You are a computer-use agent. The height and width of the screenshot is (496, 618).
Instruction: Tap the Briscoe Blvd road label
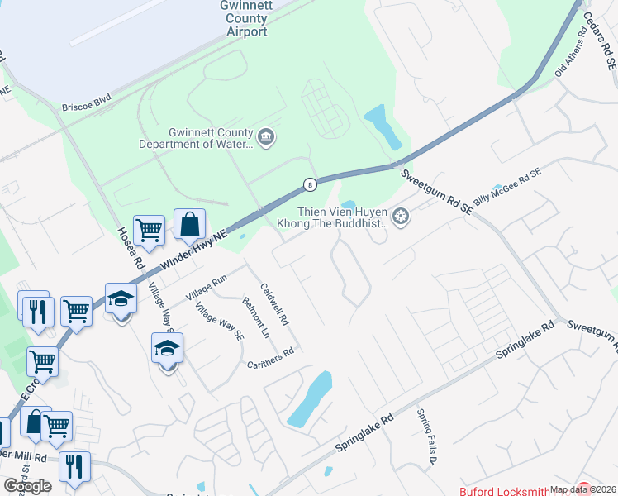pos(86,107)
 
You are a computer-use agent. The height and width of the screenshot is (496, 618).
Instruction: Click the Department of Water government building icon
pos(266,136)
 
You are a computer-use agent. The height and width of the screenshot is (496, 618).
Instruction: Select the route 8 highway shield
pos(309,184)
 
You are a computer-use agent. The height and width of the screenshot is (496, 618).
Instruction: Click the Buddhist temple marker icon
pos(402,217)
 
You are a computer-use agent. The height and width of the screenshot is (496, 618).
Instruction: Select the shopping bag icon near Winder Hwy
pos(189,224)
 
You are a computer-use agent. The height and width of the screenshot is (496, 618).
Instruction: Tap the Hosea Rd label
pos(131,249)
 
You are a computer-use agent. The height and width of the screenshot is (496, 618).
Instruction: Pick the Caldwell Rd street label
pos(274,304)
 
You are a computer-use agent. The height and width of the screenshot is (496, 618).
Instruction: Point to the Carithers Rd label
pos(270,358)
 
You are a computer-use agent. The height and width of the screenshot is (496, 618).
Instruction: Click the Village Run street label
pos(206,289)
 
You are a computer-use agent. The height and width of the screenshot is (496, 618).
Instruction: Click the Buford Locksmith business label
pos(503,489)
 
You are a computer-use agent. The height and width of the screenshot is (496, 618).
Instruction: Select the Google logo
pos(27,486)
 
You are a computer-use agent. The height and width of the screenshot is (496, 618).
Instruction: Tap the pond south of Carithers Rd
pos(310,398)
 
